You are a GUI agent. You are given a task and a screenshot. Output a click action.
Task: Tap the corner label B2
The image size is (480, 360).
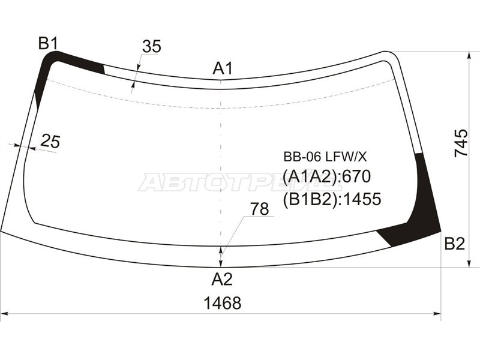[454, 244]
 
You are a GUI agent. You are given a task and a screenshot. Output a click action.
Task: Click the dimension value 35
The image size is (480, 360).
[152, 46]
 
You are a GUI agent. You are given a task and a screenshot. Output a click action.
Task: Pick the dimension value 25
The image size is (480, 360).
[50, 142]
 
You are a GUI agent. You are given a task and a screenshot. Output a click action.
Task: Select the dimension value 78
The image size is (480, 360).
[259, 209]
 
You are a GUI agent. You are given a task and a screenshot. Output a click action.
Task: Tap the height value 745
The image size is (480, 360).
[461, 143]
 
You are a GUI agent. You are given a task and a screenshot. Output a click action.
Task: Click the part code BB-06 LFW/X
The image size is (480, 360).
[325, 157]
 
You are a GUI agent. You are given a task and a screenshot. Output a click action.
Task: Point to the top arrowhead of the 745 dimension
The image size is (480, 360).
[469, 56]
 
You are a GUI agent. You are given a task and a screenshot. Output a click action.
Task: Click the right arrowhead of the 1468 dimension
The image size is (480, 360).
[438, 313]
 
